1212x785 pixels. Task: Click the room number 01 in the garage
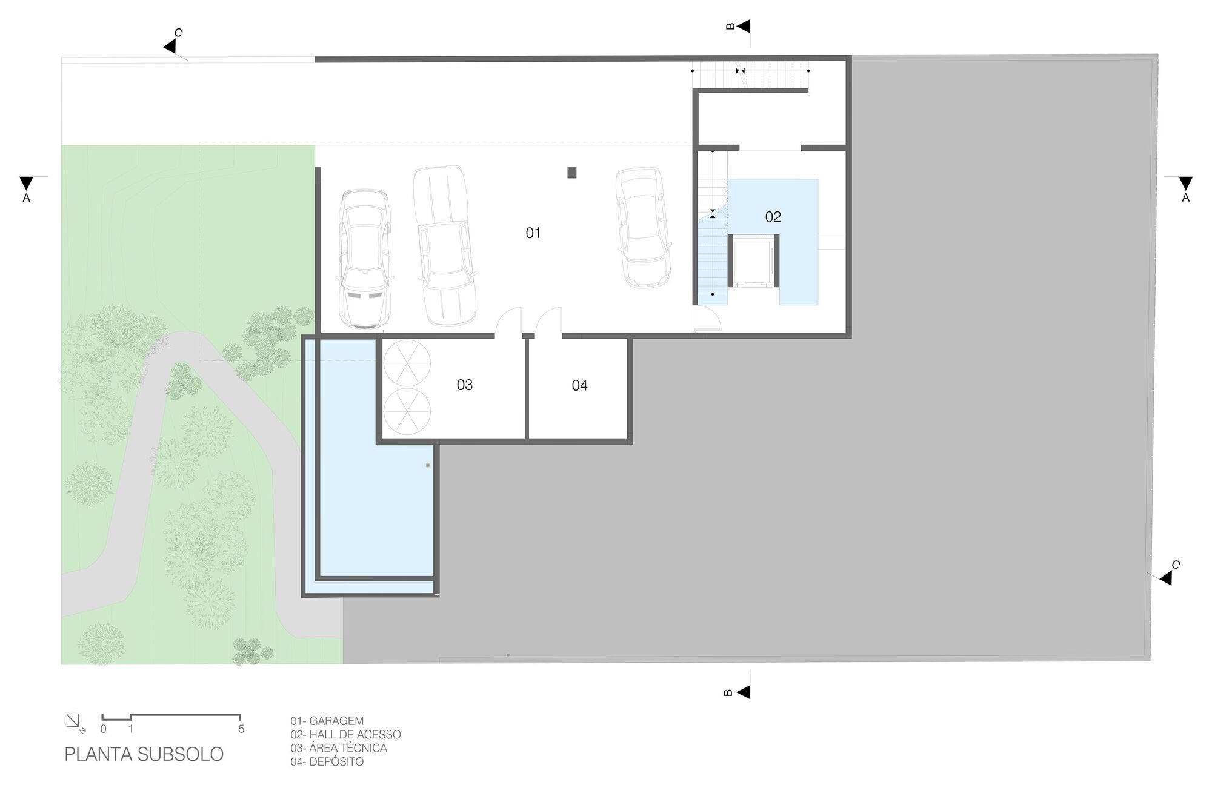pyautogui.click(x=533, y=233)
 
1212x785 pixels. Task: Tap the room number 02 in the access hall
pyautogui.click(x=773, y=217)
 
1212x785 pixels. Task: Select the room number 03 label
pyautogui.click(x=464, y=385)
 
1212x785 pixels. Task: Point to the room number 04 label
pyautogui.click(x=579, y=386)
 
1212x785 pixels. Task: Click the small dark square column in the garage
pyautogui.click(x=571, y=173)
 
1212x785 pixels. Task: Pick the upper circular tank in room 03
pyautogui.click(x=407, y=363)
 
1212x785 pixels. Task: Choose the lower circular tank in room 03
pyautogui.click(x=407, y=412)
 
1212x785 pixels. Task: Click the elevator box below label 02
pyautogui.click(x=751, y=262)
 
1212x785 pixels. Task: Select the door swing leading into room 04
pyautogui.click(x=548, y=322)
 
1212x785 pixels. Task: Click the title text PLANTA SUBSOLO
pyautogui.click(x=144, y=754)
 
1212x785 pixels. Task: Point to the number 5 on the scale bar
pyautogui.click(x=241, y=729)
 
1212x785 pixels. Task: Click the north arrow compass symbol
pyautogui.click(x=72, y=720)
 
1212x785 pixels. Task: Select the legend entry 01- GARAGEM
pyautogui.click(x=327, y=721)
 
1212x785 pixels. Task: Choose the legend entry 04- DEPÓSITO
pyautogui.click(x=327, y=762)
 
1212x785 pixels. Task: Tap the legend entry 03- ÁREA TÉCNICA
pyautogui.click(x=338, y=748)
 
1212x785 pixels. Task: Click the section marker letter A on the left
pyautogui.click(x=26, y=197)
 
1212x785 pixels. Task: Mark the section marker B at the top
pyautogui.click(x=730, y=26)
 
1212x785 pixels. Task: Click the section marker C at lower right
pyautogui.click(x=1175, y=565)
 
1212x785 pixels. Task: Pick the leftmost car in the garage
pyautogui.click(x=364, y=259)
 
